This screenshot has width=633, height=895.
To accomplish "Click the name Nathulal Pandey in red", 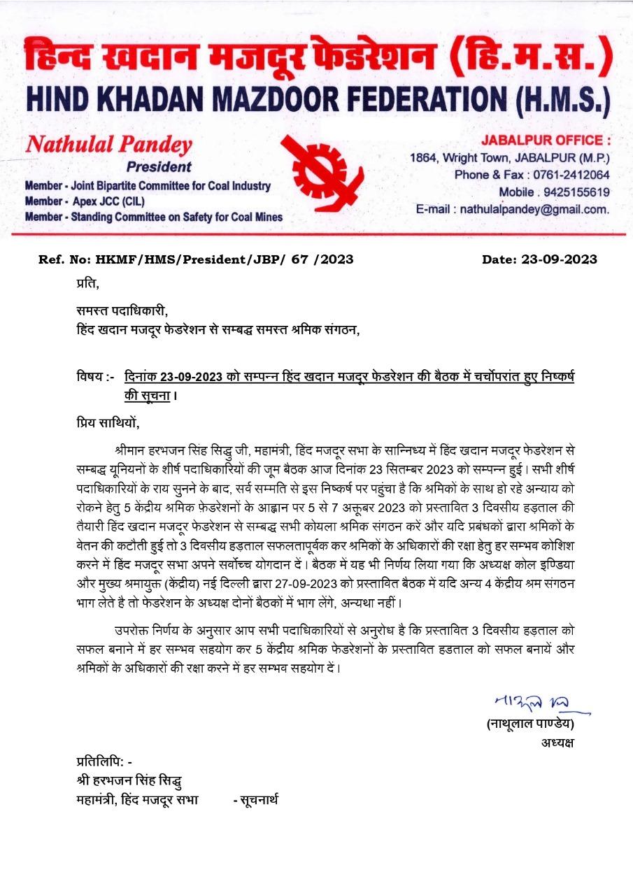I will [108, 145].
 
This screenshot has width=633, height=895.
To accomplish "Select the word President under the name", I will [159, 167].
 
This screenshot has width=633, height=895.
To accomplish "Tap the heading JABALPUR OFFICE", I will [546, 141].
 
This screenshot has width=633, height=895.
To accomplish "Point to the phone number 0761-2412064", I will [571, 175].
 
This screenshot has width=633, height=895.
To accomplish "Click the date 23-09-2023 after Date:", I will [559, 259].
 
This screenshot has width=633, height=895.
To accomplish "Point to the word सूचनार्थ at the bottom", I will [258, 799].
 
